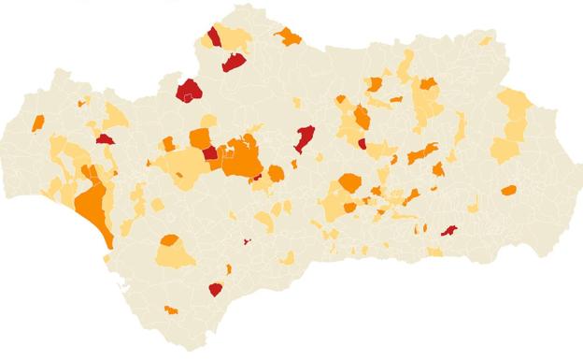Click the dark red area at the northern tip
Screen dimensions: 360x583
click(214, 36)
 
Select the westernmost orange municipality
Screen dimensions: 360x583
click(38, 122)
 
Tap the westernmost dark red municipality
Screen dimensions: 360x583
click(104, 139)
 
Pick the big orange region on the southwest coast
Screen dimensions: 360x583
click(93, 204)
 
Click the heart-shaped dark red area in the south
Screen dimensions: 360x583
click(216, 289)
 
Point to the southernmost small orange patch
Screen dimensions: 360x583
click(170, 310)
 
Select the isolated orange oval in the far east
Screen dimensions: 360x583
click(508, 191)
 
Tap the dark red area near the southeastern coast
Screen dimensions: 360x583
click(449, 230)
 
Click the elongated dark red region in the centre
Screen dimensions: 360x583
click(304, 138)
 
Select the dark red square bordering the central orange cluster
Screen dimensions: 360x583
click(211, 153)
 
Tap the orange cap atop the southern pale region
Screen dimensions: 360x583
click(170, 240)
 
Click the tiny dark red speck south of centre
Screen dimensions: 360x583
click(248, 241)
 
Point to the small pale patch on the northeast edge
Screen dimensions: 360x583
click(486, 41)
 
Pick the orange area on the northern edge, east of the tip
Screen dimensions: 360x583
click(289, 37)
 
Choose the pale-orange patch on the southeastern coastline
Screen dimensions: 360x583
click(435, 252)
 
